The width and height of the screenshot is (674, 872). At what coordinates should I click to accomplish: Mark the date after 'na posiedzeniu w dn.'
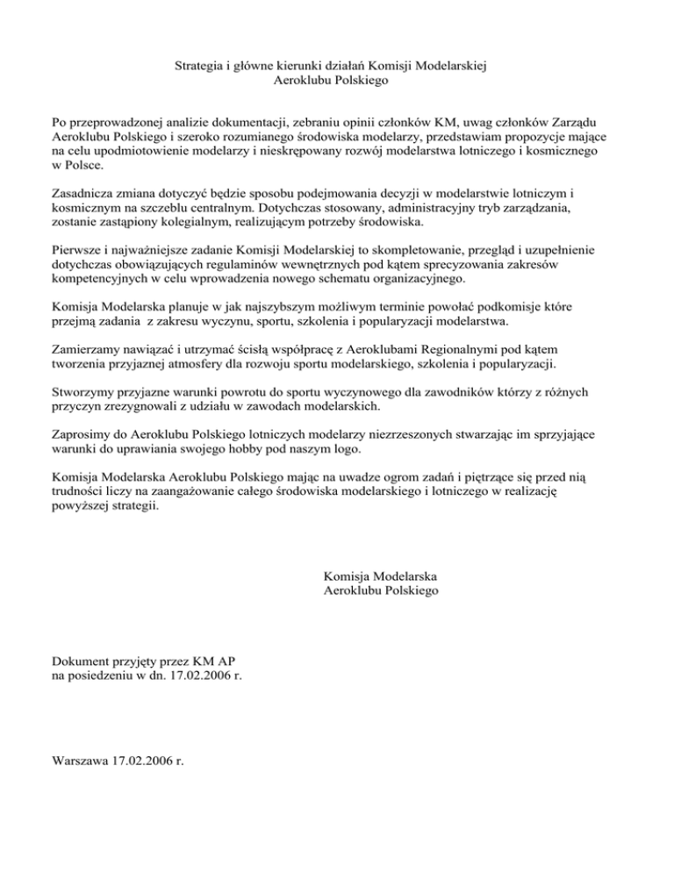pos(203,675)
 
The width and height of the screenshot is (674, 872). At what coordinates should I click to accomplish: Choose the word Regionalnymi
pos(438,349)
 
